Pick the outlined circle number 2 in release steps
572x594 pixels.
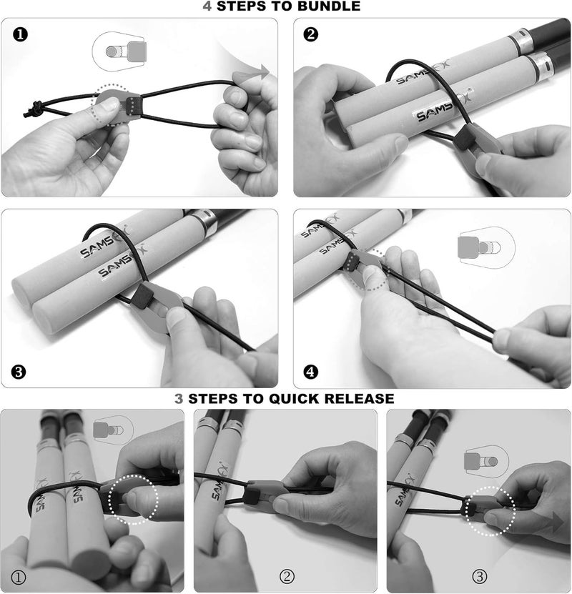click(286, 576)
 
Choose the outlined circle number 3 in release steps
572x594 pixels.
click(478, 576)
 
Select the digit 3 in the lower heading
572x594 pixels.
click(179, 398)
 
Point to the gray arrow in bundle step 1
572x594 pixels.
click(262, 72)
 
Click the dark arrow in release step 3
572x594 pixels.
click(555, 521)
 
